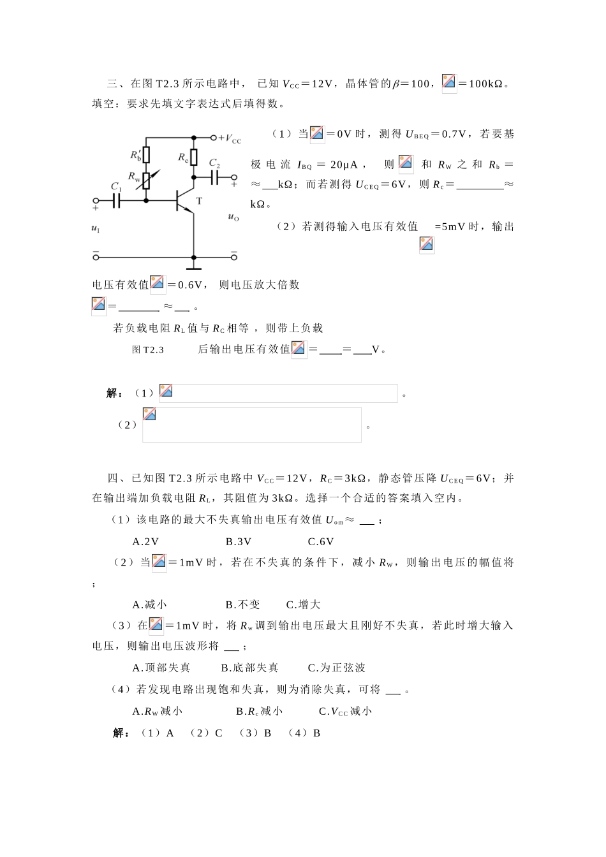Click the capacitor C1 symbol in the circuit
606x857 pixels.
(117, 201)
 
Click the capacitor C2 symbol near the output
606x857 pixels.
(215, 177)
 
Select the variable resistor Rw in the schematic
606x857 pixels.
(146, 180)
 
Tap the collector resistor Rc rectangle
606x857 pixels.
(194, 157)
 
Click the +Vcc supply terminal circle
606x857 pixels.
(214, 137)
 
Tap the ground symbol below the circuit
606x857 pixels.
(194, 260)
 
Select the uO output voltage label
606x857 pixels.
(233, 217)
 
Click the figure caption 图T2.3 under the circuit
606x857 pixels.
(148, 349)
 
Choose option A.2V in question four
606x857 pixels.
(145, 541)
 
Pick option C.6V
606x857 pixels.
(321, 541)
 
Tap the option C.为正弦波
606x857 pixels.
(337, 668)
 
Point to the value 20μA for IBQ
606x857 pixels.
(344, 165)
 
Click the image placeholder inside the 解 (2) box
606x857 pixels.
(149, 414)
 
